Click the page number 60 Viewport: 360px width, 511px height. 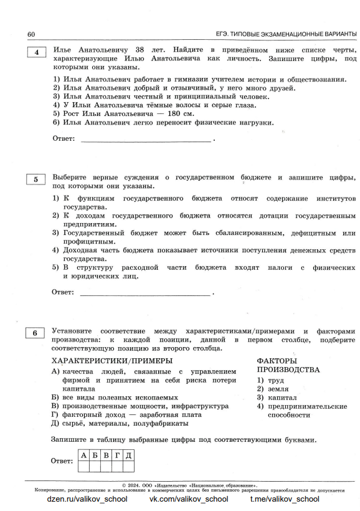(31, 34)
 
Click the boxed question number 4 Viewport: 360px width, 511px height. (36, 53)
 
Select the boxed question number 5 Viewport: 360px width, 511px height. (36, 180)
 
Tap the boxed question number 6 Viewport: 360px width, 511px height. (36, 333)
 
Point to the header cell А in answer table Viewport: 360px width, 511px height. (83, 455)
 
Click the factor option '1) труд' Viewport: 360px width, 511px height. (270, 379)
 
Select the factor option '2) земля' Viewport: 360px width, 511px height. (273, 388)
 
